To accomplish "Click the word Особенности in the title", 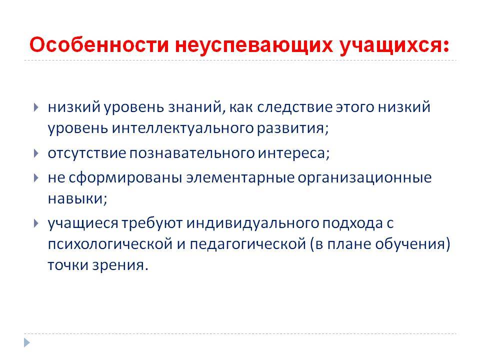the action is tap(99, 44).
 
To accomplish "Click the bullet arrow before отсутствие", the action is tap(36, 153).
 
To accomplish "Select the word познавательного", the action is tap(191, 153).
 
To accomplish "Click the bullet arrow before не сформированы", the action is tap(36, 178).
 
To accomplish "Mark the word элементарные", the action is tap(240, 178).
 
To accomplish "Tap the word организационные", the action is tap(364, 178).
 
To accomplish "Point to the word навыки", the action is tap(77, 198).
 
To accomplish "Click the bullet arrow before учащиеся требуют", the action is tap(36, 223).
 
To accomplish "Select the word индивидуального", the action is tap(252, 223).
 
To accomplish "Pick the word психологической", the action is tap(110, 244).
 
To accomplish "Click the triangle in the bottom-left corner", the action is tap(27, 342).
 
